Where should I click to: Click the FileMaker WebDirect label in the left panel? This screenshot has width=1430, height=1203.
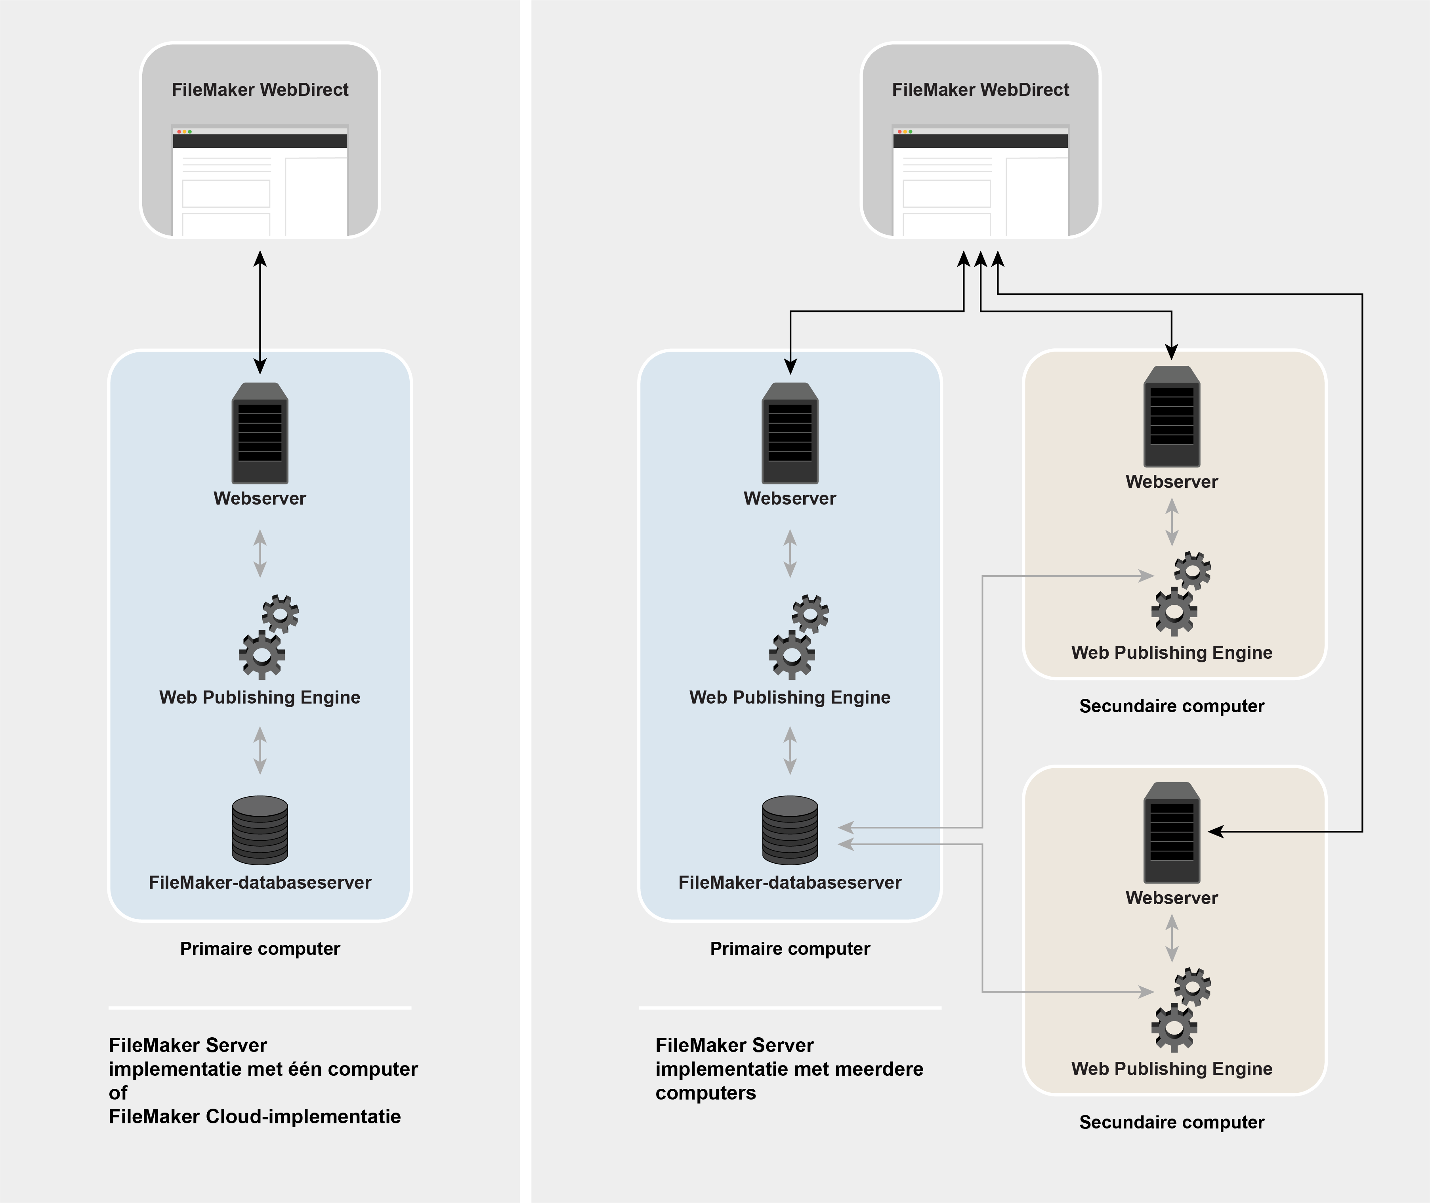260,90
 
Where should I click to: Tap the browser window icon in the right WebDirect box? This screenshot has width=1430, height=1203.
980,181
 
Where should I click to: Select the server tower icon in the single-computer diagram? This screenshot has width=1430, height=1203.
260,433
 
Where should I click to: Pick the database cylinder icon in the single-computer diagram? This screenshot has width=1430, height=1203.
260,830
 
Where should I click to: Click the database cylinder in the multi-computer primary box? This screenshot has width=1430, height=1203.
790,830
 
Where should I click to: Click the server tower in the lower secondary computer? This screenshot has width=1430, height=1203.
1172,832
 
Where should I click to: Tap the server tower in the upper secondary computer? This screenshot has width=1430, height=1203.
1172,416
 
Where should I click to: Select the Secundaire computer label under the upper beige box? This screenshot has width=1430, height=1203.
1172,706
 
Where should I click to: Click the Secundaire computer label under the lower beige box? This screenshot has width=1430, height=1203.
1172,1122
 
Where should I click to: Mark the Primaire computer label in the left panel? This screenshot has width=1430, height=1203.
260,949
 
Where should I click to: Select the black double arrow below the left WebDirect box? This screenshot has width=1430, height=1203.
260,312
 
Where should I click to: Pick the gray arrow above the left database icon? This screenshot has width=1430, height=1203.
260,750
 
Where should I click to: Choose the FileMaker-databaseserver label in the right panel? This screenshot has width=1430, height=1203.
790,882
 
